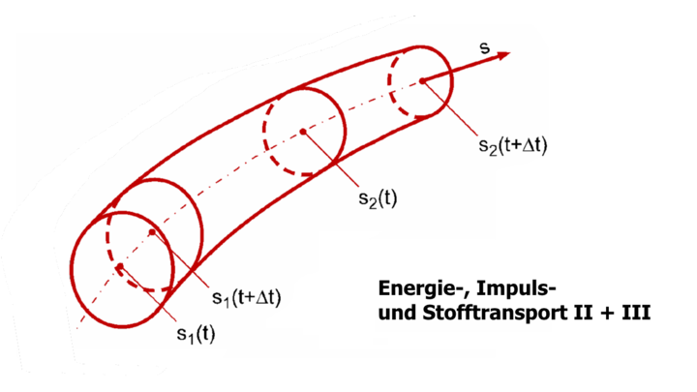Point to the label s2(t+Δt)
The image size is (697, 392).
tap(513, 147)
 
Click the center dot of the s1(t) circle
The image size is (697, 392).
tap(117, 267)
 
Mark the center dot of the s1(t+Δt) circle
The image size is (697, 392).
tap(153, 233)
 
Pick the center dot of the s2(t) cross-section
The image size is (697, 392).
tap(303, 131)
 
